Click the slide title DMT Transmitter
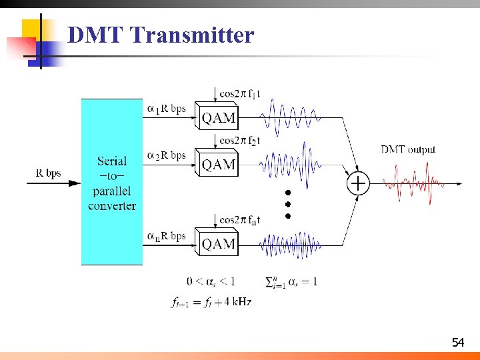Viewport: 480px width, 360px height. [x=161, y=35]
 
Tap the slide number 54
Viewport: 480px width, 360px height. [x=457, y=343]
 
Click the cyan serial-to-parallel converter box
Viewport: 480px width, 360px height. [x=112, y=182]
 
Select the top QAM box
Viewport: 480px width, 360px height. [x=218, y=118]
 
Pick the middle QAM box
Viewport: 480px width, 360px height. [x=218, y=164]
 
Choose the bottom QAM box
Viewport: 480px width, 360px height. [x=218, y=244]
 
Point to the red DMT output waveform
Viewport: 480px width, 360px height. [x=413, y=183]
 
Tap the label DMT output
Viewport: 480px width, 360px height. [x=408, y=149]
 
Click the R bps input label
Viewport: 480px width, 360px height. [x=48, y=174]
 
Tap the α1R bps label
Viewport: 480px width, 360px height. [x=166, y=108]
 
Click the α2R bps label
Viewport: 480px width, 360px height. [x=166, y=156]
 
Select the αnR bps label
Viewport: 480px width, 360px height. [x=166, y=236]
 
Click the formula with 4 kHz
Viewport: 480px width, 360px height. [x=211, y=302]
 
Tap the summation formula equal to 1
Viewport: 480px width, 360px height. [x=291, y=282]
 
